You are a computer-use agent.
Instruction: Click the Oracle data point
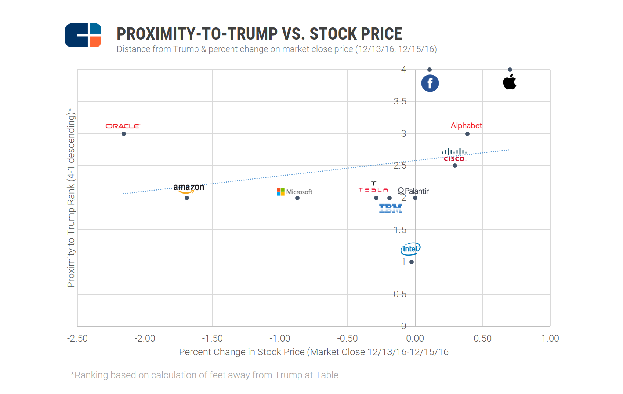point(124,134)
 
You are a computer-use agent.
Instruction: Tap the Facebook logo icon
point(430,83)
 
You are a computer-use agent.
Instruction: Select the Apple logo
point(510,82)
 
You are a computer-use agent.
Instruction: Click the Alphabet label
point(466,125)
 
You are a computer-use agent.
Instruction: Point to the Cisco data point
point(455,166)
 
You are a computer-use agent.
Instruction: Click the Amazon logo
point(189,188)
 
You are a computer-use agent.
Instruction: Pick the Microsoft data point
point(297,198)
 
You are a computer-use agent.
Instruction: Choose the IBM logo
point(391,209)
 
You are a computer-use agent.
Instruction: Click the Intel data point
point(412,262)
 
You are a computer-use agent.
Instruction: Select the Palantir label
point(413,191)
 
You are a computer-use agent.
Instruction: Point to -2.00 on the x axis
point(145,338)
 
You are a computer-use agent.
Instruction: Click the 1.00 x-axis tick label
point(550,338)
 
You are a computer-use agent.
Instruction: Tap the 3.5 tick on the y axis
point(400,102)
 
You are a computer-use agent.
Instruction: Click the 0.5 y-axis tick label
point(400,294)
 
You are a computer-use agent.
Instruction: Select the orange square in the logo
point(95,42)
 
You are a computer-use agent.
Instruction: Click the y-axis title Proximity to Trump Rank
point(71,198)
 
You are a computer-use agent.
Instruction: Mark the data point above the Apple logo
point(510,70)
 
